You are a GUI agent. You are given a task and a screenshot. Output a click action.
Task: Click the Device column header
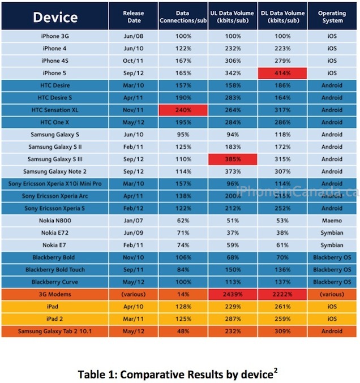point(55,17)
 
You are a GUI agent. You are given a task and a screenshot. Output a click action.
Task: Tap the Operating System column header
point(332,17)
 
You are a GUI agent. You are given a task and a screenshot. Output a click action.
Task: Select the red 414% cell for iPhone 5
point(282,74)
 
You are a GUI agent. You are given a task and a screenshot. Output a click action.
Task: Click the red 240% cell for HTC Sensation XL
point(183,110)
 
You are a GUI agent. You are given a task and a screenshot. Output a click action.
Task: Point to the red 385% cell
point(233,160)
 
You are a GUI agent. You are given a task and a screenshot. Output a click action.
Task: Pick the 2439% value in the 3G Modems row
point(233,294)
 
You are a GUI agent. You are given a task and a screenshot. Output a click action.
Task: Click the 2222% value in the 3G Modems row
point(282,294)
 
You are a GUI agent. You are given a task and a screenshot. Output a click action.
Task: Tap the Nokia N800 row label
point(55,221)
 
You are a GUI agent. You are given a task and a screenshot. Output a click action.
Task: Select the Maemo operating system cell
point(332,221)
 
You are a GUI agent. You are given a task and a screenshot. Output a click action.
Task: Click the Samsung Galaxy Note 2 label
point(55,171)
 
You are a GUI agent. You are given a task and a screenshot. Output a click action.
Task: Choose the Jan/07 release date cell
point(134,221)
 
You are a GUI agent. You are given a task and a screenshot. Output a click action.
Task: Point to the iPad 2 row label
point(54,319)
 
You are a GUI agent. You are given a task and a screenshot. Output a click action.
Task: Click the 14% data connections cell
point(183,294)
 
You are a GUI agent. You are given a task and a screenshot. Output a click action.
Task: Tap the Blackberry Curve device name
point(55,282)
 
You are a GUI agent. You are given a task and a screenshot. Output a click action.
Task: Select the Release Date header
point(134,17)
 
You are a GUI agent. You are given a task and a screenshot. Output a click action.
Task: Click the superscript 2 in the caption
point(276,371)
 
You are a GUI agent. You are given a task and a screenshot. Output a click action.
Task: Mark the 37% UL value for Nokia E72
point(233,233)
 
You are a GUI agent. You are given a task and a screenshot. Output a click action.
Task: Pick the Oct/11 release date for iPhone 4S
point(133,61)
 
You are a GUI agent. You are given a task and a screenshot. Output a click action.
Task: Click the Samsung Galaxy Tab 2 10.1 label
point(55,331)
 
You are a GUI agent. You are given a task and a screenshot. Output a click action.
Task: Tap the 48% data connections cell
point(183,331)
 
